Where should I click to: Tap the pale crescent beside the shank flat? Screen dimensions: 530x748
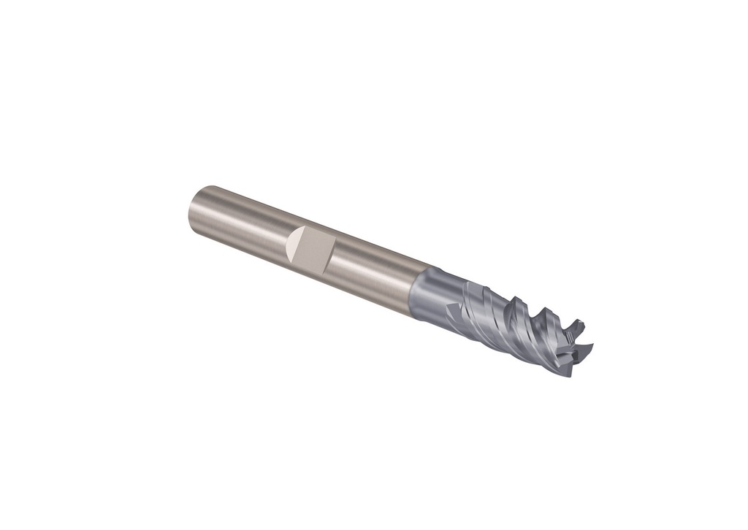click(294, 243)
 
